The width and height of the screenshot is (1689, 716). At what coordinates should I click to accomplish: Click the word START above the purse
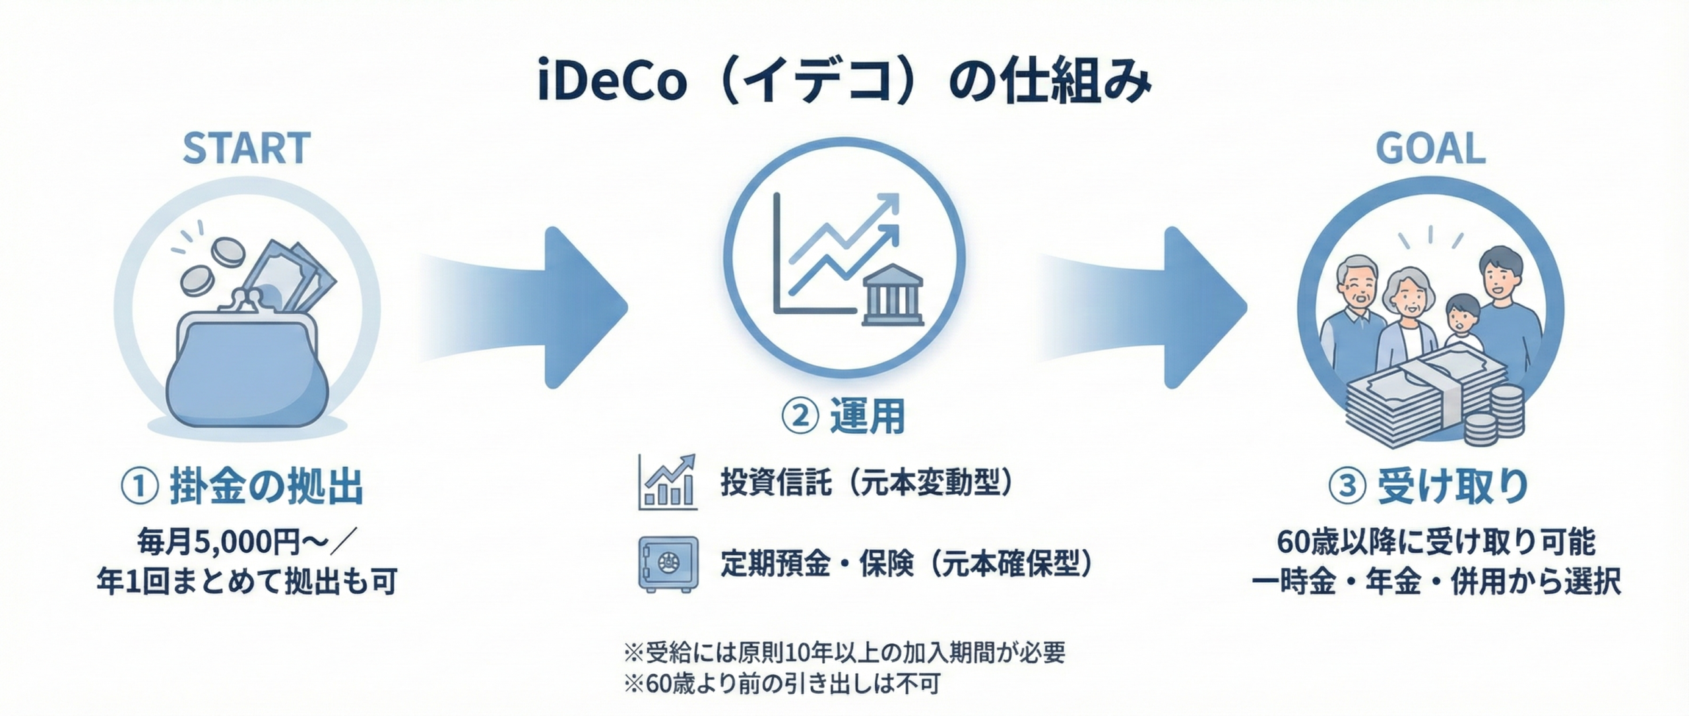(246, 148)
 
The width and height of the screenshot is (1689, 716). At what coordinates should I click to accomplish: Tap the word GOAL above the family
(1430, 148)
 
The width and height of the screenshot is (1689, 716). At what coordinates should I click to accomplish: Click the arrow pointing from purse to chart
(521, 307)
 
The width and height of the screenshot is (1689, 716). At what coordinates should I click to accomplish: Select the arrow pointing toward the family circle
(1141, 307)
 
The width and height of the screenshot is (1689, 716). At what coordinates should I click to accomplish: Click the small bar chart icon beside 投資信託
(668, 482)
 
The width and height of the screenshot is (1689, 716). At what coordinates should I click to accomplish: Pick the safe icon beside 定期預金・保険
(668, 564)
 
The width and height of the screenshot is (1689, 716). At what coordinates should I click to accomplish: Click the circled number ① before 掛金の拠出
(139, 487)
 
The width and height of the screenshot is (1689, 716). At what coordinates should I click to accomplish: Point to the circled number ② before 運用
(800, 417)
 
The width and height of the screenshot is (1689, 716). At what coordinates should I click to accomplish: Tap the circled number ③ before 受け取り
(1347, 487)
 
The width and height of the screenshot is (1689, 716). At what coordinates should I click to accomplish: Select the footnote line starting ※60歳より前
(782, 684)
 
